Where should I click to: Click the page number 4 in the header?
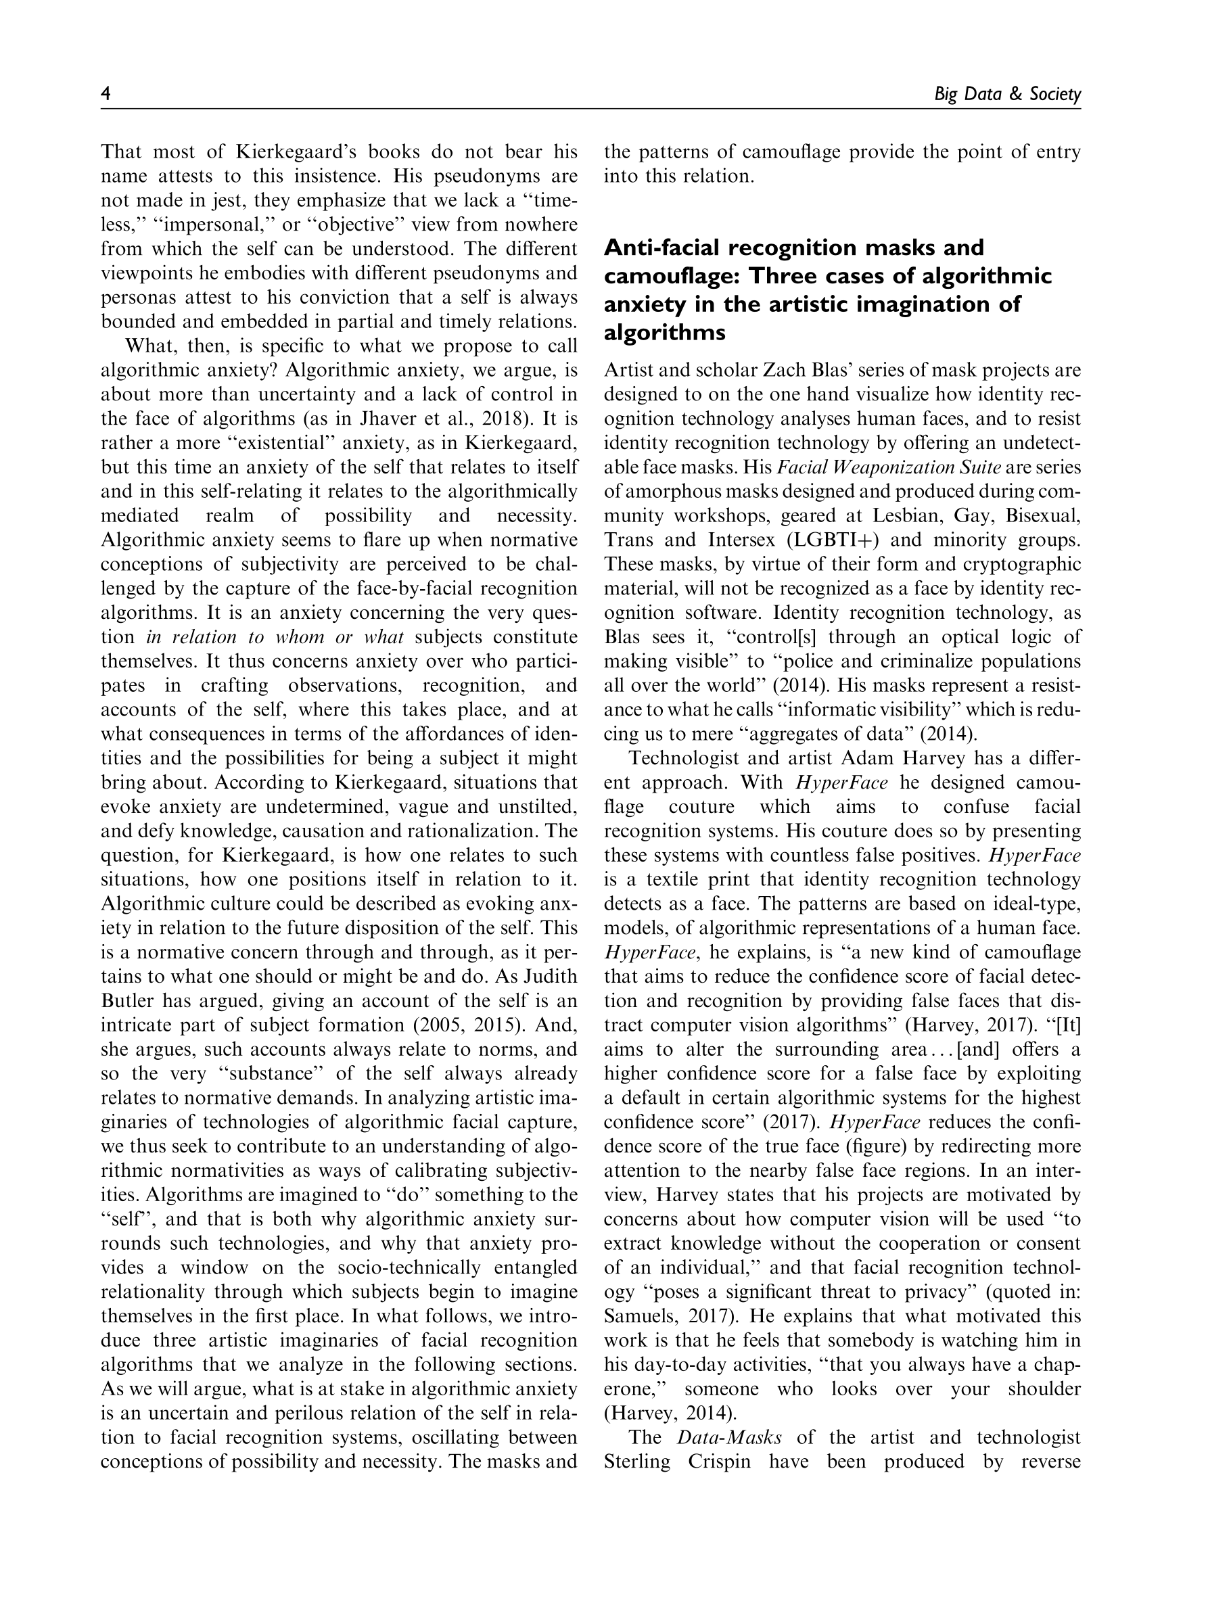point(106,94)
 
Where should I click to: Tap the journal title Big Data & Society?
point(1007,95)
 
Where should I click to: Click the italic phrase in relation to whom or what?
point(275,637)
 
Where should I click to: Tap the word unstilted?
point(534,807)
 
